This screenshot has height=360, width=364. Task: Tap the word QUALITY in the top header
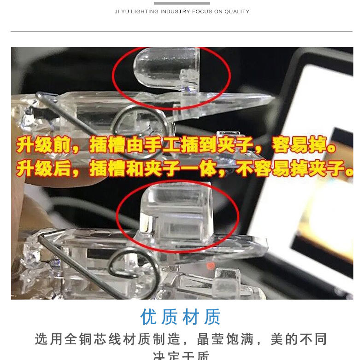[237, 12]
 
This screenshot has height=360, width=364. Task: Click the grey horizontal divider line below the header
[182, 31]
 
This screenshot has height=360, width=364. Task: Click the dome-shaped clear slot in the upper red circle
[161, 69]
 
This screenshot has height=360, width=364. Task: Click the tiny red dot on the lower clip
[210, 265]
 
